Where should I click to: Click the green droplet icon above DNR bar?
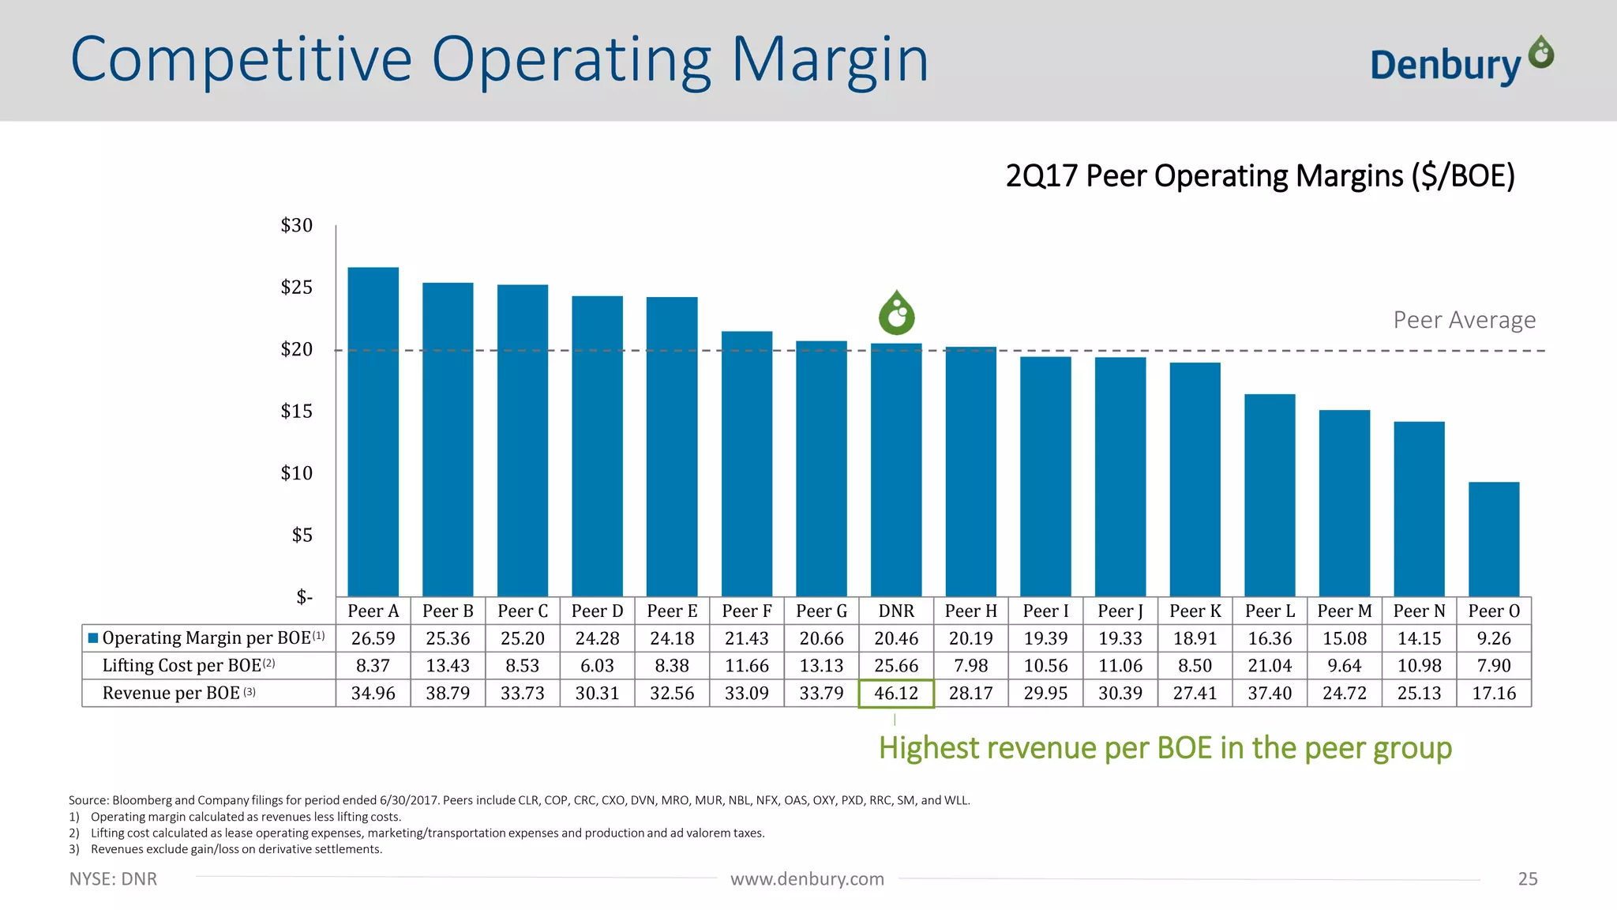pos(896,313)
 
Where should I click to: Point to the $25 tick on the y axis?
pos(297,288)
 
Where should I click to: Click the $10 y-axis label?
pos(297,473)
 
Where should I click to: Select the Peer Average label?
pos(1464,320)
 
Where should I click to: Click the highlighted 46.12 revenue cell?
pos(896,694)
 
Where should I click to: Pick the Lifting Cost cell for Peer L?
pos(1270,666)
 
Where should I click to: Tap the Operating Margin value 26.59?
pos(373,638)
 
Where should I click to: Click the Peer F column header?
pos(746,611)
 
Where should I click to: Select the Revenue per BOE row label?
pos(171,694)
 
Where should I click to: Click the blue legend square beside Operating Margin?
pos(93,638)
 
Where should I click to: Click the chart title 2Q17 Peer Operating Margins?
pos(1260,175)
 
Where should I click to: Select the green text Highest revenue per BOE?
pos(1165,747)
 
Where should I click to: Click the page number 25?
pos(1527,879)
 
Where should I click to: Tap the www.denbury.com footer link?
pos(807,879)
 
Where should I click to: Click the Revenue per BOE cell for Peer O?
pos(1493,694)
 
